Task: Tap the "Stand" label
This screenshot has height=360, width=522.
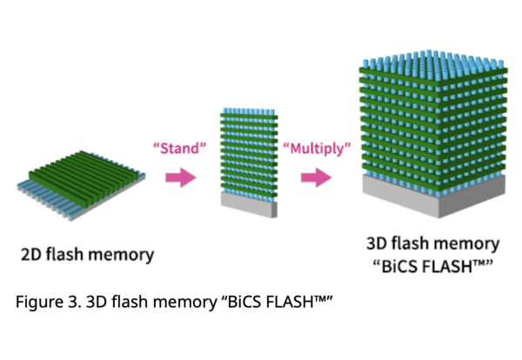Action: point(179,148)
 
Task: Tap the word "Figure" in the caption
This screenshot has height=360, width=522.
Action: point(43,304)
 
